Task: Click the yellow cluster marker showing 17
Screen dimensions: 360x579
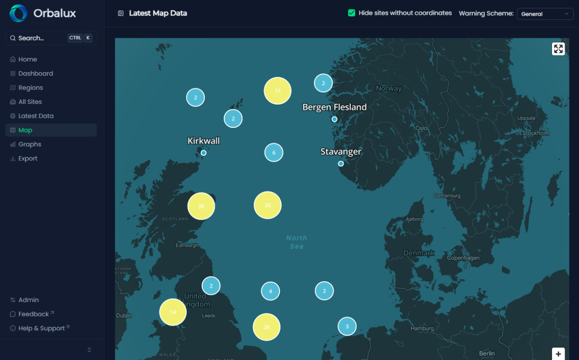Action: point(277,91)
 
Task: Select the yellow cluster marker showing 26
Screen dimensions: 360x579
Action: point(267,327)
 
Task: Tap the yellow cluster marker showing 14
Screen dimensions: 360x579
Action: point(173,312)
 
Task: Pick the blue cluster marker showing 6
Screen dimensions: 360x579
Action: point(274,153)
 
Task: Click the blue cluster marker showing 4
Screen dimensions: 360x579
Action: point(270,291)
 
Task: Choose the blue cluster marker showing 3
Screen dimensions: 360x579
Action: point(347,326)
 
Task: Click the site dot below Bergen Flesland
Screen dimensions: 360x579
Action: point(335,119)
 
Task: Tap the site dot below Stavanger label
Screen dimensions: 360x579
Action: point(341,164)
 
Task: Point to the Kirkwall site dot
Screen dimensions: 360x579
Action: point(204,153)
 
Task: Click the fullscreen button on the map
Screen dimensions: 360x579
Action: point(558,49)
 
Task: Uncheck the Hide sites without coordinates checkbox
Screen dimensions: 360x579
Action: point(352,13)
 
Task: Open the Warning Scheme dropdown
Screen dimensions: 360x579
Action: point(545,14)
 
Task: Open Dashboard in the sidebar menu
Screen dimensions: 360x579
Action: point(36,73)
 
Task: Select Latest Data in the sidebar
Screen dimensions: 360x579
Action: point(36,116)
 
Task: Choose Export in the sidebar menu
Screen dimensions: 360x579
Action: point(27,158)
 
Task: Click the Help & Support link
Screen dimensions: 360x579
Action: point(41,328)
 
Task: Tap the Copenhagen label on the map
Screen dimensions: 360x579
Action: point(463,258)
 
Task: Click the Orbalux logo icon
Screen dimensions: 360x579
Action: point(18,13)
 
